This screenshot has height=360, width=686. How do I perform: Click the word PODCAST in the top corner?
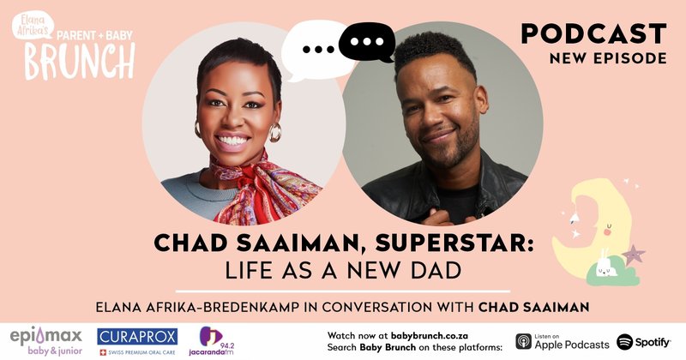coord(593,33)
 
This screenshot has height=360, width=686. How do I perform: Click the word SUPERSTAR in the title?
coord(459,243)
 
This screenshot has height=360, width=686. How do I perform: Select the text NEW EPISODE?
coord(611,59)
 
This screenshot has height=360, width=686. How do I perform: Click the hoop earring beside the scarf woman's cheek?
coord(274,132)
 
